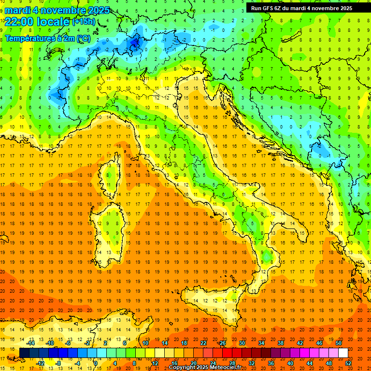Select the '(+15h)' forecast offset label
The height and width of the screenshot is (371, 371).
pos(84,21)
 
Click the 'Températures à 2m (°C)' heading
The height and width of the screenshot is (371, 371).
pos(47,38)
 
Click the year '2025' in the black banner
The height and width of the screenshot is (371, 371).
pos(343,8)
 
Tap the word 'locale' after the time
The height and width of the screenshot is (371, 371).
pos(55,21)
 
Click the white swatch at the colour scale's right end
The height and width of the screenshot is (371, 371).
pos(343,353)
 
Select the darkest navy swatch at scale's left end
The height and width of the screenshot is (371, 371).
pos(24,353)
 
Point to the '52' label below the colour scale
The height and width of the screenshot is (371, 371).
pos(349,363)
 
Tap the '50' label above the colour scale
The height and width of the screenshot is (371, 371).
pos(339,343)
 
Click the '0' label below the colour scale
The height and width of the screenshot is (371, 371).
pos(96,363)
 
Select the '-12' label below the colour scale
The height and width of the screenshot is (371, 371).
pos(41,363)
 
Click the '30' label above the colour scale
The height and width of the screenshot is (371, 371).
pos(242,343)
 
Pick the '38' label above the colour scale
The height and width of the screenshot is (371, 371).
pos(280,343)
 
